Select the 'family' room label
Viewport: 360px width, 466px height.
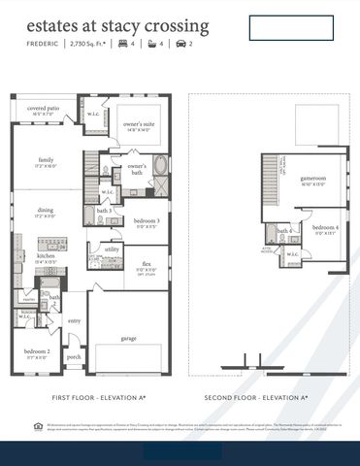pos(46,159)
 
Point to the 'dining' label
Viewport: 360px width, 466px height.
pos(46,210)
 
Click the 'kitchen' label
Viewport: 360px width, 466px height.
pos(46,256)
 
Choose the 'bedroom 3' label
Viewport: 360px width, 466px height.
pos(147,220)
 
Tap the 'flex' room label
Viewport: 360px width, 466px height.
pos(147,263)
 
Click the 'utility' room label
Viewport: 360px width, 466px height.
pos(113,250)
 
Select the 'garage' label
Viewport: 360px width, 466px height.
pos(128,339)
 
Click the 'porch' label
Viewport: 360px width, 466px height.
pos(74,356)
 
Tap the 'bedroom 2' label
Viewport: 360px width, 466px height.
pos(38,351)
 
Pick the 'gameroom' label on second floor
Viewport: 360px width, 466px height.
pos(311,179)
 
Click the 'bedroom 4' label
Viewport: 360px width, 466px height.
pos(324,227)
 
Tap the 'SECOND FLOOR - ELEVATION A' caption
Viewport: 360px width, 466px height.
pos(256,398)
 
